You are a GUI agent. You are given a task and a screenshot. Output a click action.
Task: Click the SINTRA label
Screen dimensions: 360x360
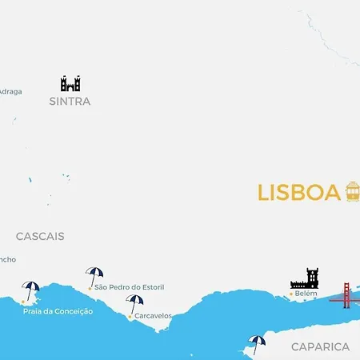(70, 102)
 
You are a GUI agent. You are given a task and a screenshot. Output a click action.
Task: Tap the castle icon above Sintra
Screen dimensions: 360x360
(70, 83)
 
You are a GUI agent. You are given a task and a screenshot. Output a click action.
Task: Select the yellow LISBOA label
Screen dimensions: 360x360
(298, 193)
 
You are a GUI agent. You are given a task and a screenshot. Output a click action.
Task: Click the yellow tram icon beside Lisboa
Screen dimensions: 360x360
(352, 192)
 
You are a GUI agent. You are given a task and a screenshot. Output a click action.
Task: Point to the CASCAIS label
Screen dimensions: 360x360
(40, 236)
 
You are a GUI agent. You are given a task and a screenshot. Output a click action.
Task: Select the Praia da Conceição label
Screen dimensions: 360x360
(58, 310)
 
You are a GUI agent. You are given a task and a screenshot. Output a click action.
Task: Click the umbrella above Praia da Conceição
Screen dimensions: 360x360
(31, 290)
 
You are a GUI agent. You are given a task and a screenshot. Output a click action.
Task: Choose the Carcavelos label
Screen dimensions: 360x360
(153, 316)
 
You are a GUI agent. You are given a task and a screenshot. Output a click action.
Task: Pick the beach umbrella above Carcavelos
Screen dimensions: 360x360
(134, 303)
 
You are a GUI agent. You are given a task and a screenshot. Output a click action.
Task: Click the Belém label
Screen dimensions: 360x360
(306, 294)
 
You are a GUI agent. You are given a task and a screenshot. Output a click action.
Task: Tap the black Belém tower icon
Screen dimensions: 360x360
(305, 278)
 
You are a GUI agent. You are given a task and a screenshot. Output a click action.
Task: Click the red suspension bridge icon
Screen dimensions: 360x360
(346, 295)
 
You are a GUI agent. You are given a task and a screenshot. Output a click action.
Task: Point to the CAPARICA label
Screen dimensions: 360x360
(320, 346)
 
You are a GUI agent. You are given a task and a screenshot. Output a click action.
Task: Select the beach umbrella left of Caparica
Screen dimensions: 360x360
(256, 343)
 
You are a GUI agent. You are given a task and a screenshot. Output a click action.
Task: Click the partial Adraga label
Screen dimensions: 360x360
(10, 91)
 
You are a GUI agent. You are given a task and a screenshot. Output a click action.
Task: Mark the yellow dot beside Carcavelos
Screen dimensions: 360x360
(130, 317)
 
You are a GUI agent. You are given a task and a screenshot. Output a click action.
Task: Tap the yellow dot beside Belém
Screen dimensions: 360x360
(290, 294)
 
